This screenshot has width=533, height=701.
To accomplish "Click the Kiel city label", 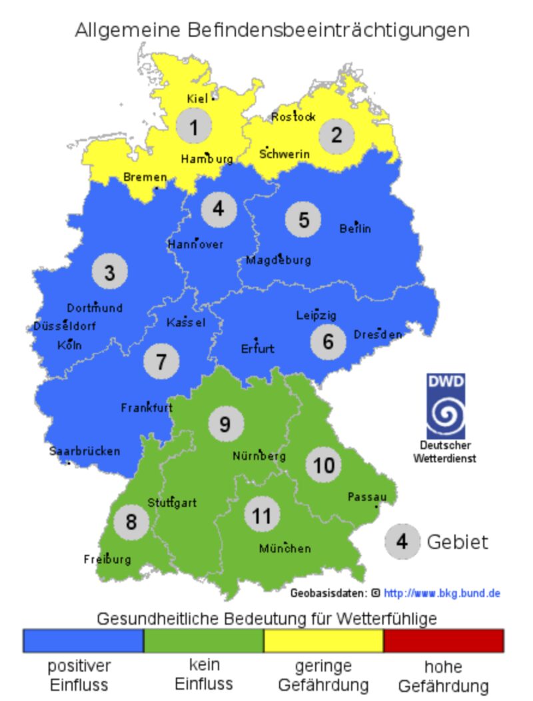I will click(x=197, y=99).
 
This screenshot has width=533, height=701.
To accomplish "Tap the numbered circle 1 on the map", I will click(x=194, y=127).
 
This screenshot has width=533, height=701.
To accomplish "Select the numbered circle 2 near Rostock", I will click(x=336, y=135).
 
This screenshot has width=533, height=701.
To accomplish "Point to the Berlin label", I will click(x=355, y=229).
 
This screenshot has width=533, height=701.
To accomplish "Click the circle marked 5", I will click(x=303, y=220).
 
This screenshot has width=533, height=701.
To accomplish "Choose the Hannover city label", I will click(x=195, y=244).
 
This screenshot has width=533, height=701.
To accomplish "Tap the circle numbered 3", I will click(x=109, y=272).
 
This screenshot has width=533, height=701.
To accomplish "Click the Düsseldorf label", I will click(x=65, y=327).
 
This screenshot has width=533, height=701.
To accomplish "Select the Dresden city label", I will click(x=378, y=334).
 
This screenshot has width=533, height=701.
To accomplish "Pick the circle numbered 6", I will click(x=328, y=341).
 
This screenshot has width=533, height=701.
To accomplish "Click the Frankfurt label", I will click(x=147, y=408).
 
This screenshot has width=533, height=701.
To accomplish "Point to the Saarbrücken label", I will click(x=85, y=451).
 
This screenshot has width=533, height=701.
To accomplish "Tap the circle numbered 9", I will click(x=225, y=424).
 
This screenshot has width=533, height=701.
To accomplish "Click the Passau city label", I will click(x=367, y=497).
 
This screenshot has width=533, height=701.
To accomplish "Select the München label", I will click(x=284, y=548).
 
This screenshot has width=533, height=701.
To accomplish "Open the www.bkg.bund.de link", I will click(x=442, y=593).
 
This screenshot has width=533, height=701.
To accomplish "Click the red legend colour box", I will click(x=443, y=641).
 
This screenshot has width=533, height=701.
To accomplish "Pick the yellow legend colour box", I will click(x=323, y=641).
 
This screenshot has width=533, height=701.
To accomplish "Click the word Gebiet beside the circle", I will click(x=457, y=542).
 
